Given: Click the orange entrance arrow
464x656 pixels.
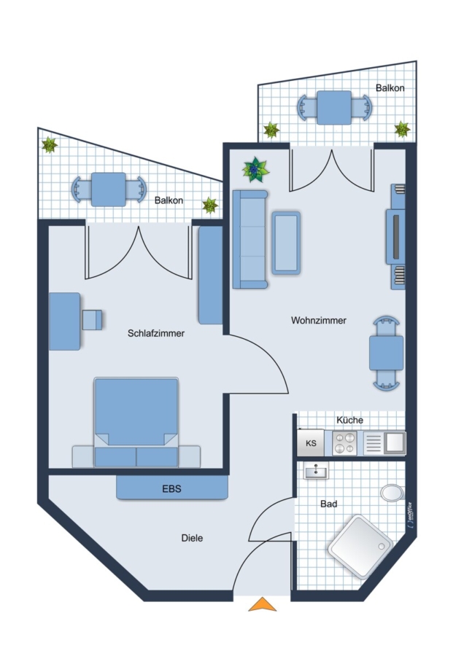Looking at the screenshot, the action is tap(263, 604).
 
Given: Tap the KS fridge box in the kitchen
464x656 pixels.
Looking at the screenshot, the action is tap(311, 442).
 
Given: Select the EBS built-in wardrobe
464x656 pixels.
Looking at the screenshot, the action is tap(172, 488).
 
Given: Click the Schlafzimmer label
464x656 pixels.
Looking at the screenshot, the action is tap(156, 333).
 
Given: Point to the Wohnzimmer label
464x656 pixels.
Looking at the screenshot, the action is tap(319, 321).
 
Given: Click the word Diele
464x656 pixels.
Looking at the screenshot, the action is tap(192, 538).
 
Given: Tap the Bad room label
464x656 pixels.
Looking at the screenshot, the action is tap(329, 504).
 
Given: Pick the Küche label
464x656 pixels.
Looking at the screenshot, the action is tap(349, 420).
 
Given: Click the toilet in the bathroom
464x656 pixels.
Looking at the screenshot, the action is tap(393, 493).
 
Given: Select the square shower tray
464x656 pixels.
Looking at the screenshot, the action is tap(360, 547).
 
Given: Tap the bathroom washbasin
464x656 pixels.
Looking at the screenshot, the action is tap(316, 471).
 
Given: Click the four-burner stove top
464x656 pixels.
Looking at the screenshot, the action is tap(344, 443).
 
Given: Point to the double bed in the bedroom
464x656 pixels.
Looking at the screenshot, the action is tap(136, 423).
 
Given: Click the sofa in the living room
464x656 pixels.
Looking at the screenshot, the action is tap(250, 239).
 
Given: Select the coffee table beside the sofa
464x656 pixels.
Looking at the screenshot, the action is tap(286, 243).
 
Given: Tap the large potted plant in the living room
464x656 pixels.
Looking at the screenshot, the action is tap(255, 169).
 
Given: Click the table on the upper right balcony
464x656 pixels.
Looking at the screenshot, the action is tap(334, 108).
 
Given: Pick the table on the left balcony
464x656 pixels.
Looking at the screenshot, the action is tap(109, 190).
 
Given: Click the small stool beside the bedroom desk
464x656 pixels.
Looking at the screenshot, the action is tap(92, 320).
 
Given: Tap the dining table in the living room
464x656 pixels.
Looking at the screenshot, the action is tap(386, 353).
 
